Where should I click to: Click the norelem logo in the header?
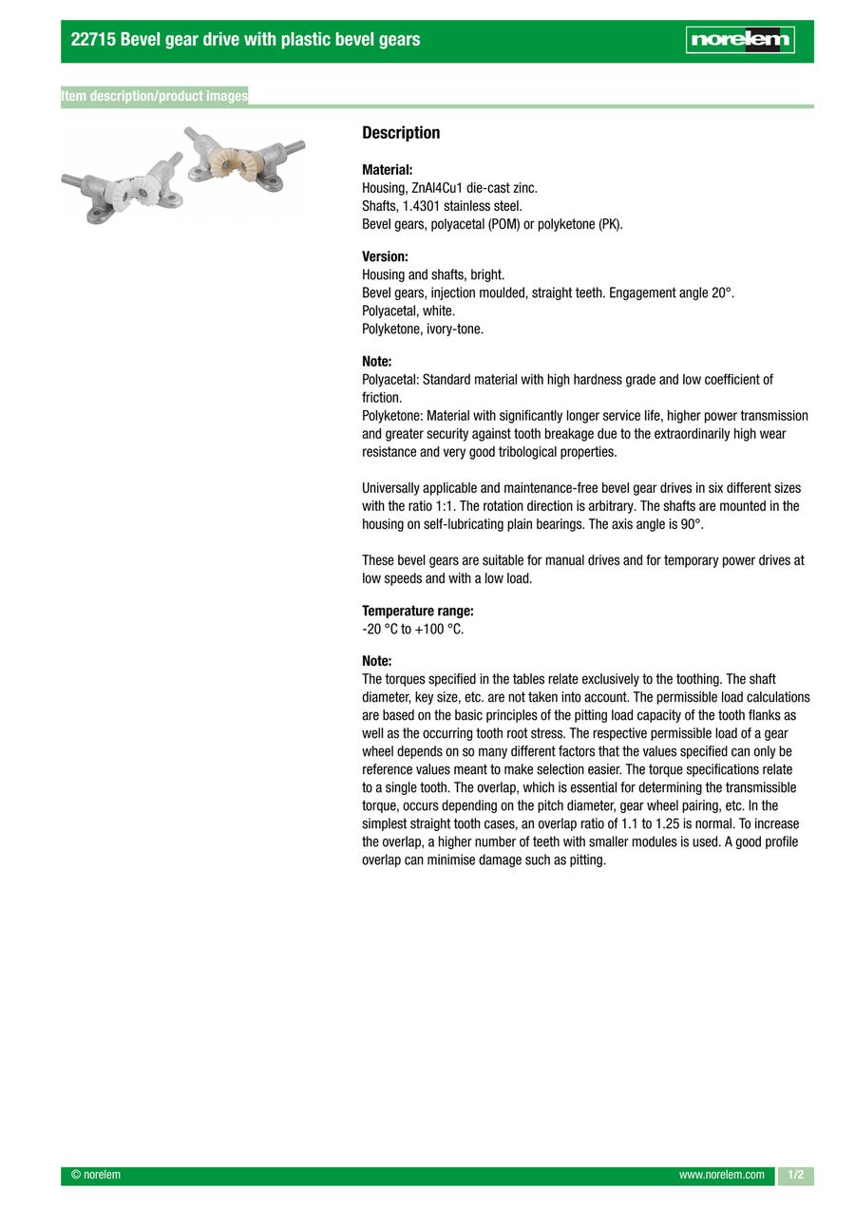pyautogui.click(x=740, y=40)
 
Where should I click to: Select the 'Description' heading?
pyautogui.click(x=401, y=133)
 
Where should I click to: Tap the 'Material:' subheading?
pyautogui.click(x=387, y=170)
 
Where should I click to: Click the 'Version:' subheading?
pyautogui.click(x=385, y=256)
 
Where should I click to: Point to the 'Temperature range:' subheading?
pyautogui.click(x=417, y=611)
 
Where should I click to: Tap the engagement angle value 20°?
pyautogui.click(x=723, y=293)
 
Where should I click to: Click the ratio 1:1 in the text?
pyautogui.click(x=446, y=506)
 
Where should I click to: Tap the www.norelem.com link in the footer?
pyautogui.click(x=721, y=1175)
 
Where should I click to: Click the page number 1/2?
pyautogui.click(x=795, y=1175)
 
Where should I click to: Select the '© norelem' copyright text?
pyautogui.click(x=96, y=1175)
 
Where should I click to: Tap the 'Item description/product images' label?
pyautogui.click(x=154, y=96)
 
